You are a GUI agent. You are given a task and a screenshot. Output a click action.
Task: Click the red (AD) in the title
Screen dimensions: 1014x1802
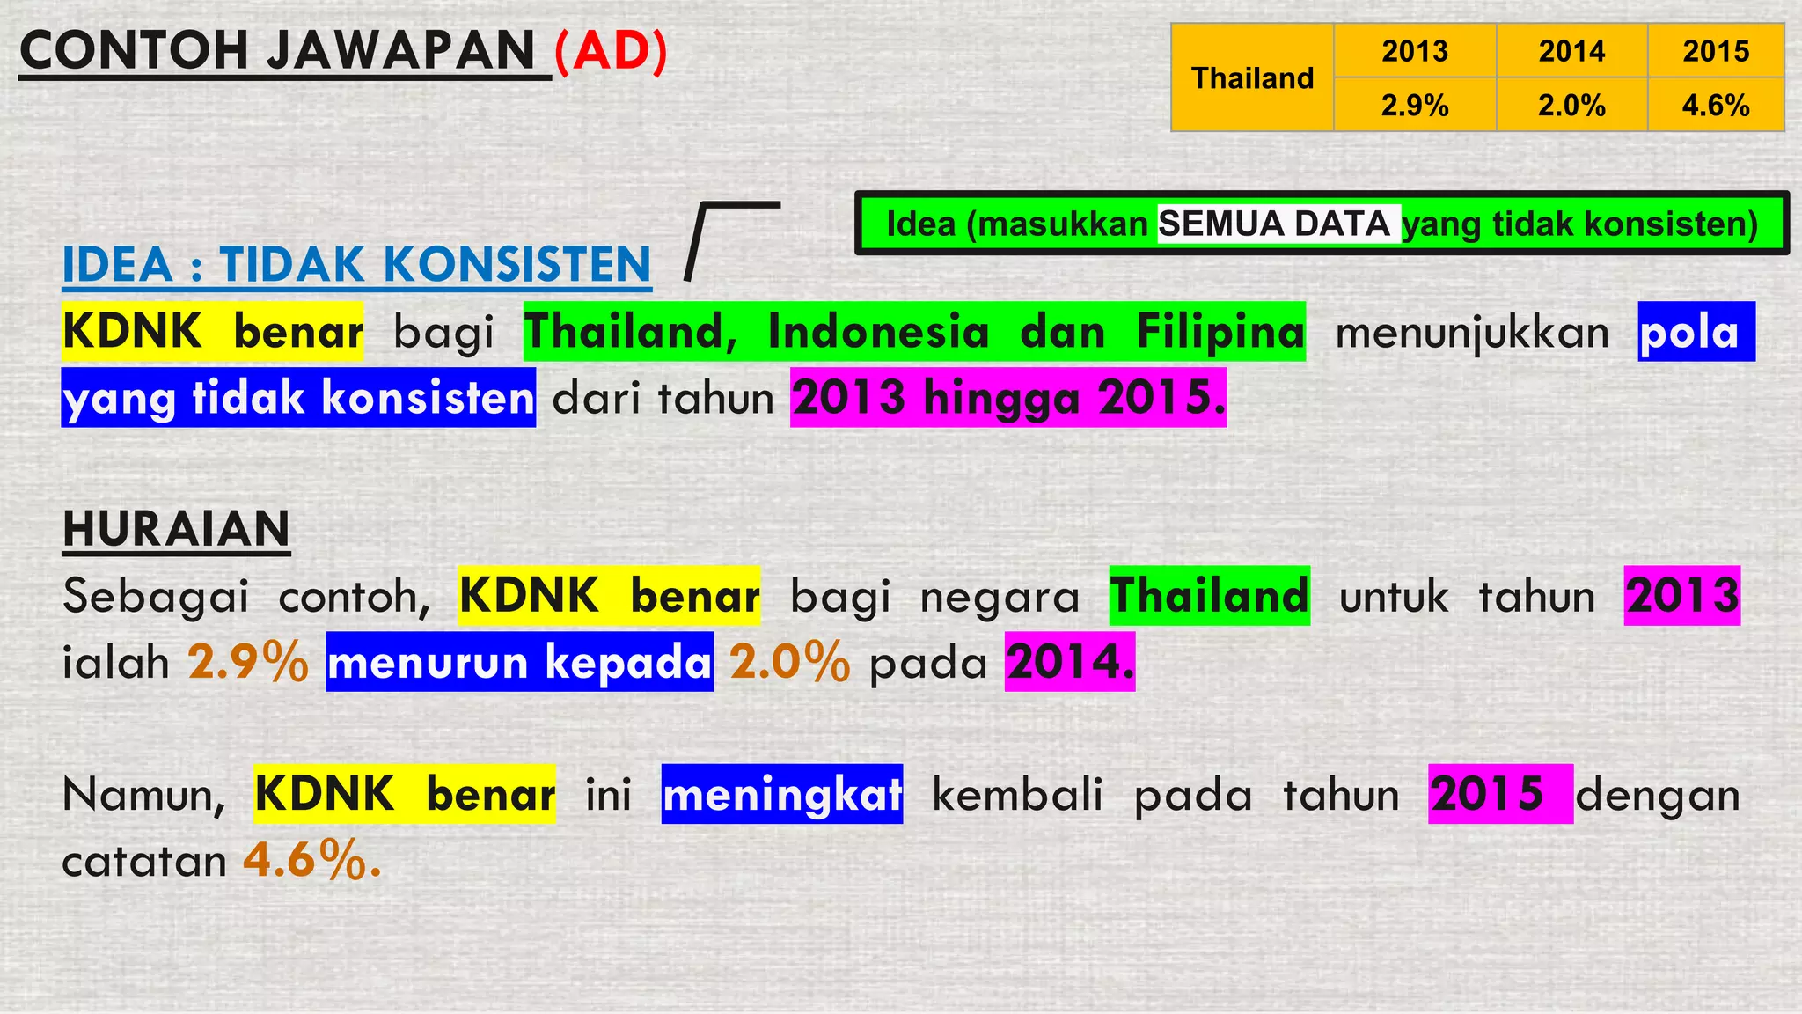[x=611, y=51]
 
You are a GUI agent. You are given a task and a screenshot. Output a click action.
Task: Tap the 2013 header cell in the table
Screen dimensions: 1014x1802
[x=1414, y=51]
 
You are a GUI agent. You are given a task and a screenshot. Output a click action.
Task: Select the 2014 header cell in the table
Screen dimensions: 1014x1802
[x=1571, y=51]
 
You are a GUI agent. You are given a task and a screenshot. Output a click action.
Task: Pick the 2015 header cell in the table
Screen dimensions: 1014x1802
[x=1716, y=51]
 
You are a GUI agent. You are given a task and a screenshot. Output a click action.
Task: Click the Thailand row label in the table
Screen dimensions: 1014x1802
[x=1252, y=78]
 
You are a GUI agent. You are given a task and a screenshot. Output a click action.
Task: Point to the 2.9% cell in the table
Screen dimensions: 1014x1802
[x=1414, y=106]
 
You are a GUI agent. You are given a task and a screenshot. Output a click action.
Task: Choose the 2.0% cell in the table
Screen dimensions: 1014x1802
[x=1571, y=106]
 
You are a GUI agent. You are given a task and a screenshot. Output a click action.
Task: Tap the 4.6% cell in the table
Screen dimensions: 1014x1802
[x=1716, y=106]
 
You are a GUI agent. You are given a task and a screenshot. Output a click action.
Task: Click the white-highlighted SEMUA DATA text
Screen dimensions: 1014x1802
[x=1274, y=224]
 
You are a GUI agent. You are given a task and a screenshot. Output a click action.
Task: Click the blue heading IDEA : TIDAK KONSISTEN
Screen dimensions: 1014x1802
[x=356, y=264]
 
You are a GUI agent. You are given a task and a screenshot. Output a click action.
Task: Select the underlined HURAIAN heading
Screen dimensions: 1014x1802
[x=176, y=529]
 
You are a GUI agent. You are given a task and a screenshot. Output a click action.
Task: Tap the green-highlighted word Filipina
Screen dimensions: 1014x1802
[x=1220, y=332]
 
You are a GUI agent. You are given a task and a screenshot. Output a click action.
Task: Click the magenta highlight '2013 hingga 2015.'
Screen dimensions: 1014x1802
[x=1008, y=398]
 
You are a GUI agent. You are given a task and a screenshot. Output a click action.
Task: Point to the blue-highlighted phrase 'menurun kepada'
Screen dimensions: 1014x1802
[x=519, y=662]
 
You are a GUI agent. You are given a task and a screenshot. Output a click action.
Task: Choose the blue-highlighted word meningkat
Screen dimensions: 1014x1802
[x=781, y=794]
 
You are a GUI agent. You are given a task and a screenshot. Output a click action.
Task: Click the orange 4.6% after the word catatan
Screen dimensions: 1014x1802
[x=311, y=860]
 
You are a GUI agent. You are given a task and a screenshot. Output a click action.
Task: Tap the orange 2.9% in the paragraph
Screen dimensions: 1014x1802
[x=248, y=662]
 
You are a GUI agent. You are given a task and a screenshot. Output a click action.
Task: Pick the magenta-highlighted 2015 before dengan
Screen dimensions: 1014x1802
[x=1489, y=794]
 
